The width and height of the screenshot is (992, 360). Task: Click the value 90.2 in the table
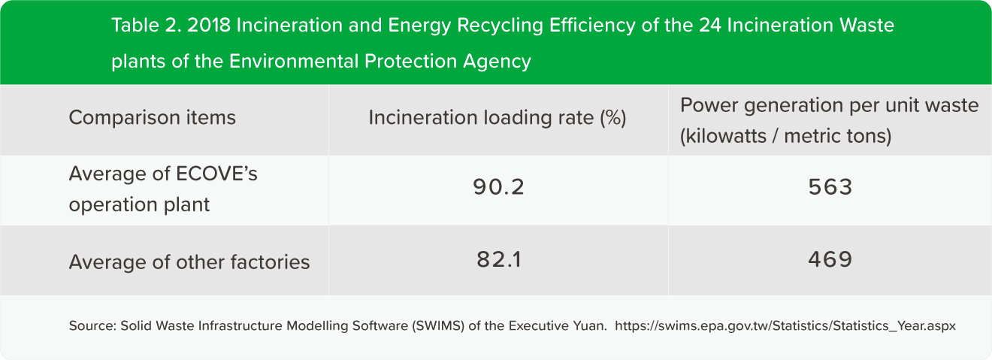coord(498,188)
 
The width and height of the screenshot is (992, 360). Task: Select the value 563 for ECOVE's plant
coord(830,188)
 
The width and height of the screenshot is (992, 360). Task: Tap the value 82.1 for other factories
coord(498,260)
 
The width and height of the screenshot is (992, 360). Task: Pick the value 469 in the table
coord(830,260)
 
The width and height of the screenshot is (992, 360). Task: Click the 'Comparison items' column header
coord(152,118)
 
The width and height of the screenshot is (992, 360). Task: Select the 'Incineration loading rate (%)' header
coord(498,118)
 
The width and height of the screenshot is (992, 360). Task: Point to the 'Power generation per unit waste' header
coord(829,105)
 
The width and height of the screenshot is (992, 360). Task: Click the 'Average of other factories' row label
coord(189,262)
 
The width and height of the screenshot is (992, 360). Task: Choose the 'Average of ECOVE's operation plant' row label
coord(163,189)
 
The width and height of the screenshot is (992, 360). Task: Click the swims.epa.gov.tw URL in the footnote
coord(785,327)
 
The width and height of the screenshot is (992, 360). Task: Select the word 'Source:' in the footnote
coord(91,327)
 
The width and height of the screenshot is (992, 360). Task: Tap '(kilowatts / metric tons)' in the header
coord(785,137)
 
